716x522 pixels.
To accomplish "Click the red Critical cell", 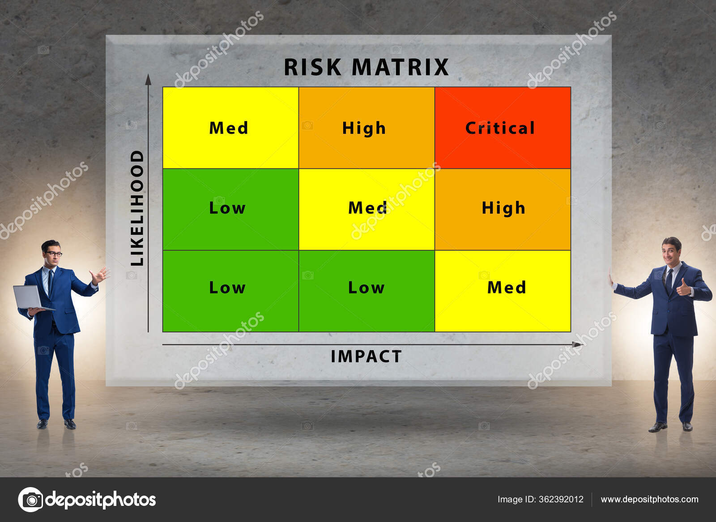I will pyautogui.click(x=502, y=128).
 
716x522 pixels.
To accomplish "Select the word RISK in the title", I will pyautogui.click(x=312, y=68).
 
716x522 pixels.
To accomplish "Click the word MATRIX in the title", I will pyautogui.click(x=400, y=68).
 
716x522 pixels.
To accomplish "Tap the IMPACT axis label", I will pyautogui.click(x=366, y=356).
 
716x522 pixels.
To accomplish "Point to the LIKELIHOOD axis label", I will pyautogui.click(x=137, y=208).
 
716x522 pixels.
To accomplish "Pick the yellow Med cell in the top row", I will pyautogui.click(x=230, y=128).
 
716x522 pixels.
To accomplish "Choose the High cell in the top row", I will pyautogui.click(x=366, y=128).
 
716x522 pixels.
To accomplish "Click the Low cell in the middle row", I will pyautogui.click(x=230, y=209).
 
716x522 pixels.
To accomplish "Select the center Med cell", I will pyautogui.click(x=366, y=209).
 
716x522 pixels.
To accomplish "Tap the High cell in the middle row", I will pyautogui.click(x=502, y=209).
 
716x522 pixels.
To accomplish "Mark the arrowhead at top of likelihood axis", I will pyautogui.click(x=148, y=80).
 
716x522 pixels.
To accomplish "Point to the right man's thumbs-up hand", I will pyautogui.click(x=683, y=287).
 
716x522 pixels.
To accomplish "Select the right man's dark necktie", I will pyautogui.click(x=669, y=280).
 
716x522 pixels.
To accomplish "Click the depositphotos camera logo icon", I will pyautogui.click(x=30, y=499).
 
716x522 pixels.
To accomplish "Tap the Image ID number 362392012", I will pyautogui.click(x=561, y=499).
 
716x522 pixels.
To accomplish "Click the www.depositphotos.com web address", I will pyautogui.click(x=649, y=499).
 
